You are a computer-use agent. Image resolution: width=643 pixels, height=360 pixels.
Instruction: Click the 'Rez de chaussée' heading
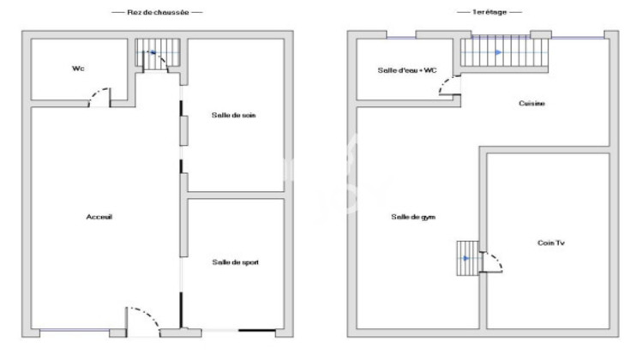click(157, 13)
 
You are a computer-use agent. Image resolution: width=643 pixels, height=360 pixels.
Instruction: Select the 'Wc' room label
click(78, 69)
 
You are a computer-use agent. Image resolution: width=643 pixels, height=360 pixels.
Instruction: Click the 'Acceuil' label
click(99, 217)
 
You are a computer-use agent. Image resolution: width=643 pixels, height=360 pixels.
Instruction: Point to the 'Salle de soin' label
click(234, 115)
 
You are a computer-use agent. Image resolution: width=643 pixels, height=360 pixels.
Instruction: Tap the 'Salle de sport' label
click(235, 262)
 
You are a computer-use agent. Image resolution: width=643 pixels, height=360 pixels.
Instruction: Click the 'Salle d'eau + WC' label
click(407, 69)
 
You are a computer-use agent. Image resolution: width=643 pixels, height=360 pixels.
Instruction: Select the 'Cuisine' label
click(532, 104)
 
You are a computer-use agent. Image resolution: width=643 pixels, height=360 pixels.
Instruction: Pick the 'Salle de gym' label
click(412, 217)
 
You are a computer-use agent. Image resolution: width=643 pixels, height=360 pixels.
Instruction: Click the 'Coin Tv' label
click(551, 243)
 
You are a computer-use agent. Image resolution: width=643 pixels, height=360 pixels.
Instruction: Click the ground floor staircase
click(155, 56)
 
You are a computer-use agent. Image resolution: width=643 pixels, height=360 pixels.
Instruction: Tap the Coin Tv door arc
click(493, 261)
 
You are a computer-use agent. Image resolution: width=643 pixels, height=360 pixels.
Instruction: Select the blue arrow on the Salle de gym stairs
click(466, 257)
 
